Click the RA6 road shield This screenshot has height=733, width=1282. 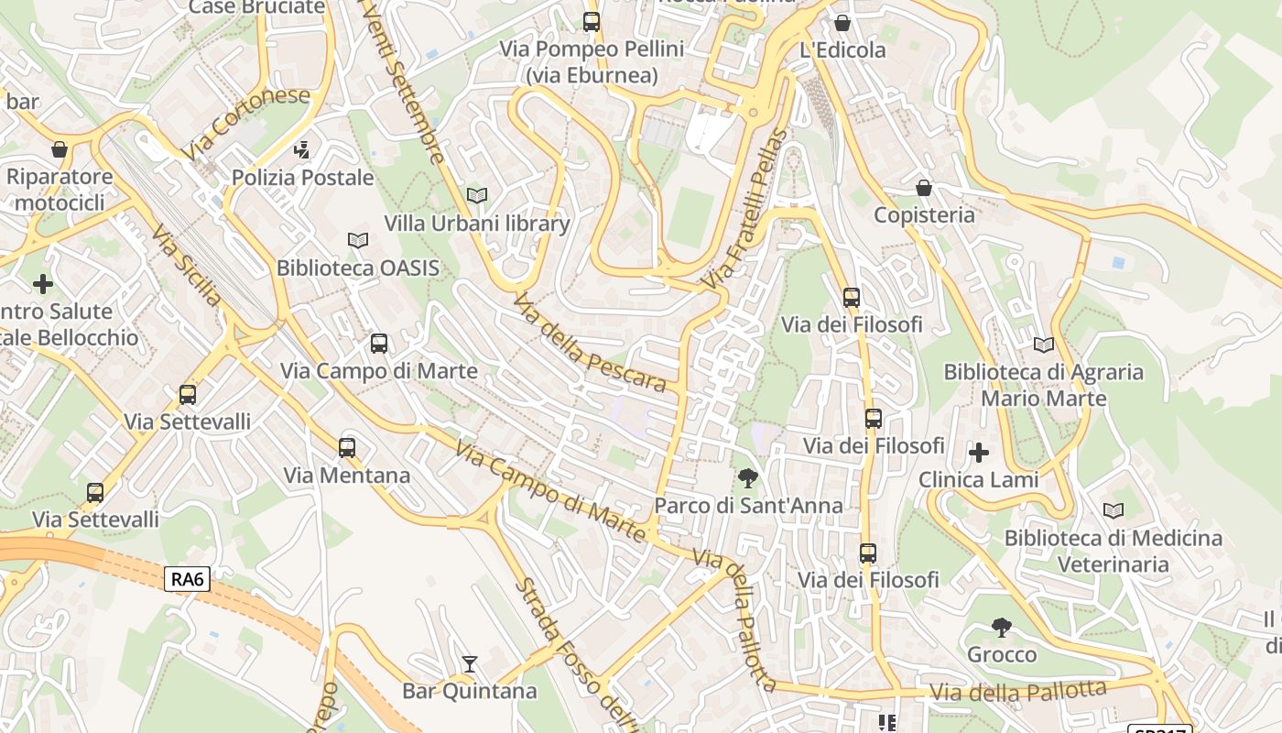[188, 579]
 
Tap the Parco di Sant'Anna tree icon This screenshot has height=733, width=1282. [748, 477]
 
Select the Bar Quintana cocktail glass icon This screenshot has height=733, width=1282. [470, 663]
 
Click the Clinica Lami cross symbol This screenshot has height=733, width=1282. [979, 452]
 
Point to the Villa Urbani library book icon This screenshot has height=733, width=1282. [477, 195]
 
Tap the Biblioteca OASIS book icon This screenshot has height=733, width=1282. [358, 240]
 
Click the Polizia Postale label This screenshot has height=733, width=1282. [303, 177]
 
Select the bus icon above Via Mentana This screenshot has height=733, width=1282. [347, 447]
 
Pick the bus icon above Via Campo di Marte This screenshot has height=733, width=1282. [379, 344]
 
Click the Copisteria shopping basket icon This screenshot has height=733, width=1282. [924, 188]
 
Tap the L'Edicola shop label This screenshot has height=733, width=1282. [842, 49]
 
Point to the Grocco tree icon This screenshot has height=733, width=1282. [1002, 628]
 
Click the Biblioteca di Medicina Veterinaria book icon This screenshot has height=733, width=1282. [1114, 510]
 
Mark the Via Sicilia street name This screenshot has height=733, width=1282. [186, 265]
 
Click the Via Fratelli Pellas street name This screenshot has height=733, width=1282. [744, 210]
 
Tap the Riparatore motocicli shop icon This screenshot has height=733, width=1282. [60, 148]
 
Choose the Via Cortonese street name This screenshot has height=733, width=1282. [244, 123]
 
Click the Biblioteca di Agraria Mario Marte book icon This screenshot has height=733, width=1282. [1044, 345]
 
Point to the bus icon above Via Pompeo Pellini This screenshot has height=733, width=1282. [592, 21]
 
